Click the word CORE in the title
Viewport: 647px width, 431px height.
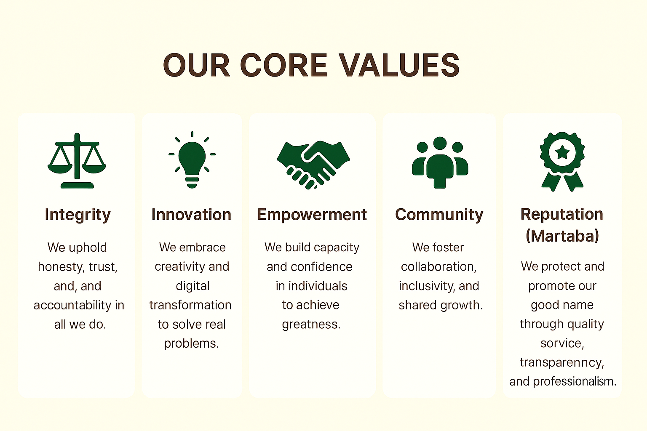(x=283, y=65)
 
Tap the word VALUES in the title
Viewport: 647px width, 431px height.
(x=399, y=65)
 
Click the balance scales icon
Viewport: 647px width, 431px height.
(x=77, y=160)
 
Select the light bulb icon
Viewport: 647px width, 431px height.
(x=192, y=160)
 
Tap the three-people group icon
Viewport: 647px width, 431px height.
(x=440, y=162)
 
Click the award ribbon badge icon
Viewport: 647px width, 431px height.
(x=562, y=162)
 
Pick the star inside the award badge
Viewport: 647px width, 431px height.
(x=562, y=152)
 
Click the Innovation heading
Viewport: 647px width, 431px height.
(x=192, y=215)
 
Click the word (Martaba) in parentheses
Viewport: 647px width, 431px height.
(x=562, y=236)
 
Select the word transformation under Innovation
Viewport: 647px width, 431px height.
(x=190, y=305)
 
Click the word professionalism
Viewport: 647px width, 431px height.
(x=575, y=382)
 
